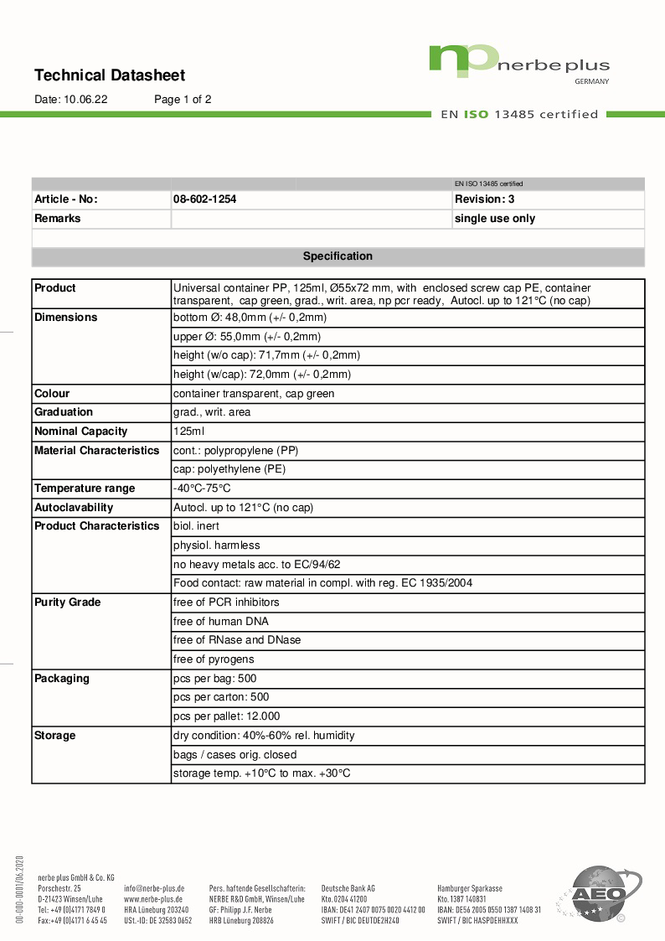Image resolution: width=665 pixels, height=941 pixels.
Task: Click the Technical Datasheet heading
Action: click(110, 75)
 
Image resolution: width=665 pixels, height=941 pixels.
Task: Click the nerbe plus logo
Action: click(518, 64)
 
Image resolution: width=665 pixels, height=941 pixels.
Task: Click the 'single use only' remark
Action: click(494, 219)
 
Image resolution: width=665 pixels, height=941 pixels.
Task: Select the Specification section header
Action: click(338, 256)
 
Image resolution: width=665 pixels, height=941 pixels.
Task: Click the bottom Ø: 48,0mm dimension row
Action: click(250, 318)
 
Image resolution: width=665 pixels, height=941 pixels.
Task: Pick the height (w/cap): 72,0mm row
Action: click(261, 375)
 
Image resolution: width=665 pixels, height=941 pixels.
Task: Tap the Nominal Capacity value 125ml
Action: click(188, 432)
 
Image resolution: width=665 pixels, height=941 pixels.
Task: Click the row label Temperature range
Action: click(85, 489)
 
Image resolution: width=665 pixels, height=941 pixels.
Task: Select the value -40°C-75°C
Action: click(202, 489)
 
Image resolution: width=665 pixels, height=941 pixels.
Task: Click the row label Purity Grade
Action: click(68, 602)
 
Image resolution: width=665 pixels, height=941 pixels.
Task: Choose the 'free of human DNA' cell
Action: click(220, 622)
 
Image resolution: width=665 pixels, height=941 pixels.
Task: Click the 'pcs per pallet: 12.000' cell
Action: click(226, 716)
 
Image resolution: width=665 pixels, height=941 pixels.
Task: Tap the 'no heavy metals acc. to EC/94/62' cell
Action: click(256, 565)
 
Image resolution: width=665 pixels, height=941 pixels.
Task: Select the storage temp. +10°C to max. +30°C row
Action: click(261, 773)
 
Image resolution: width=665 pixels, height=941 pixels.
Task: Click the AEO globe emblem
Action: click(599, 894)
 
